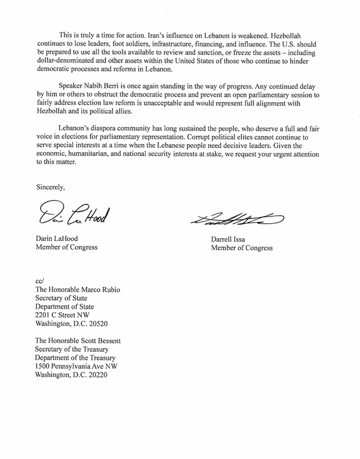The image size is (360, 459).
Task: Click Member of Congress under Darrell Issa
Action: pos(234,248)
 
